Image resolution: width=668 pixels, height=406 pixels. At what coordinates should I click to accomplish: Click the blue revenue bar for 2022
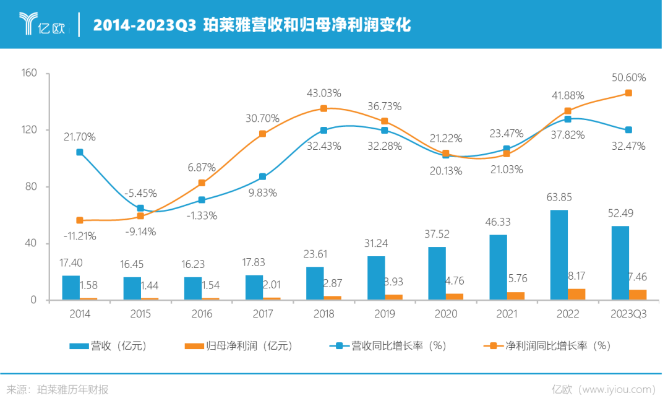tap(559, 254)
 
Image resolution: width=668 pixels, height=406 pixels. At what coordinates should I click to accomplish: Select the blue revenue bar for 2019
tap(376, 278)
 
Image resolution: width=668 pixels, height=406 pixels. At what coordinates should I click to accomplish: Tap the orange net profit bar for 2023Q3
tap(638, 295)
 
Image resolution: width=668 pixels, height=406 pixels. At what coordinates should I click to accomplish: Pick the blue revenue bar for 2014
tap(71, 288)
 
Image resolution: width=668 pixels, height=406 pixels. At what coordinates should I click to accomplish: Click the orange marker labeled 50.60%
tap(628, 93)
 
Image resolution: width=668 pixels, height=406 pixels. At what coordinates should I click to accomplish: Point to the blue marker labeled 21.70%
tap(80, 152)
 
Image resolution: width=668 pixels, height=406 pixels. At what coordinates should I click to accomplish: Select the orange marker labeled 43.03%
tap(323, 108)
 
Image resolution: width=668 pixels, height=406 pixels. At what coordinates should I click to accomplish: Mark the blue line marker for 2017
tap(262, 176)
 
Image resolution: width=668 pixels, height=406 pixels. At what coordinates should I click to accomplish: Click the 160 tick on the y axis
tap(31, 73)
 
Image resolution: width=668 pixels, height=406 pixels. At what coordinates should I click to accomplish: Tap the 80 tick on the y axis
tap(32, 187)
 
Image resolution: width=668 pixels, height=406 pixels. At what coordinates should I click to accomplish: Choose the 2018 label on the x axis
tap(323, 314)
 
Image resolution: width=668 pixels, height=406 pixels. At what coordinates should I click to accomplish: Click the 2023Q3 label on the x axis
tap(628, 314)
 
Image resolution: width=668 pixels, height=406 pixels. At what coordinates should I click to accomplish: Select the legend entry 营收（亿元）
tap(108, 346)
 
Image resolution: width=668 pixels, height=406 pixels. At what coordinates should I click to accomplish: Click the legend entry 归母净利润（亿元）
tap(238, 346)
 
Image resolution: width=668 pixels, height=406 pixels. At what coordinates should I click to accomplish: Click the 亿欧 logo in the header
tap(43, 24)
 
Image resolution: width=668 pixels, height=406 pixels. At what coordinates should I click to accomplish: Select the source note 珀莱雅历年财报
tap(72, 390)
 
